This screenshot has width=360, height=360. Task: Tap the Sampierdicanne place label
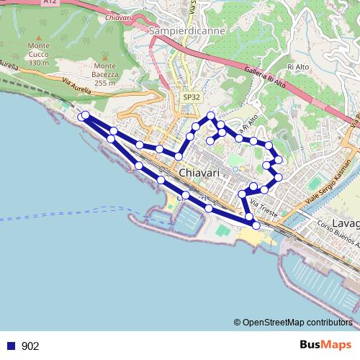179,31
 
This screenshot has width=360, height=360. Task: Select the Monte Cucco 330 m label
38,54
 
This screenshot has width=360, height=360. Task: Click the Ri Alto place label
297,67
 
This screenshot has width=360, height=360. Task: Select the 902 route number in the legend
30,346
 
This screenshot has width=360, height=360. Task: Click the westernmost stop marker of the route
81,117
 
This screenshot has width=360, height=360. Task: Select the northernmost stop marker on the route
211,115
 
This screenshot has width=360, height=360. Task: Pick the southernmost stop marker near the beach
256,225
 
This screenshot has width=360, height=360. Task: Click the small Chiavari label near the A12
119,14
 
